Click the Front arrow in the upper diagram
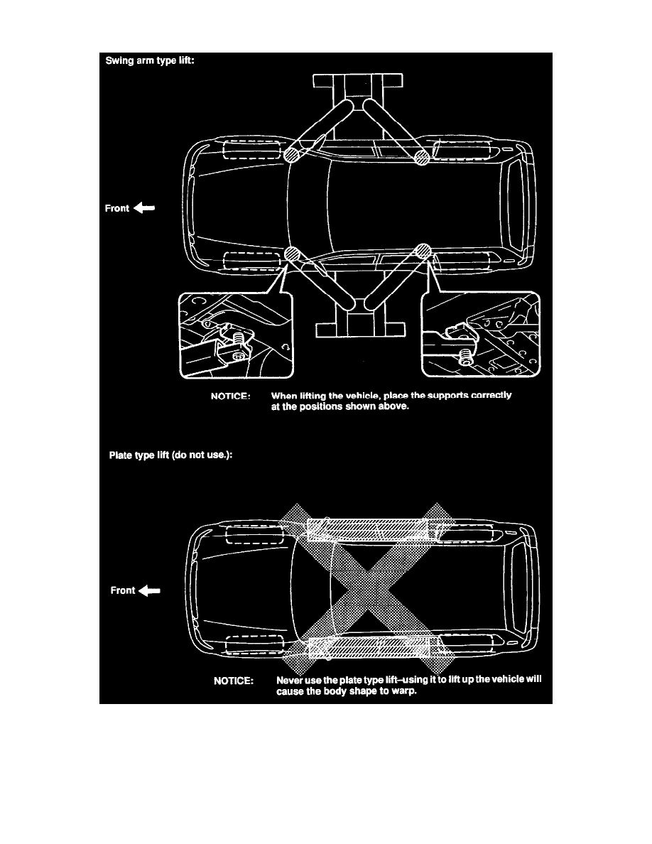tap(144, 209)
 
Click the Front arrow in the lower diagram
tap(151, 590)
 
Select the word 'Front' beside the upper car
tap(117, 209)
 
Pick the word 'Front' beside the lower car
tap(123, 590)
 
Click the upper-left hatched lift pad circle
tap(291, 156)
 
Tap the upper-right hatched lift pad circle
tap(423, 156)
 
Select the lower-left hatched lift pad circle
tap(290, 254)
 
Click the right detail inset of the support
tap(481, 335)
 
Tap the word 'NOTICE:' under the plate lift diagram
tap(234, 681)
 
